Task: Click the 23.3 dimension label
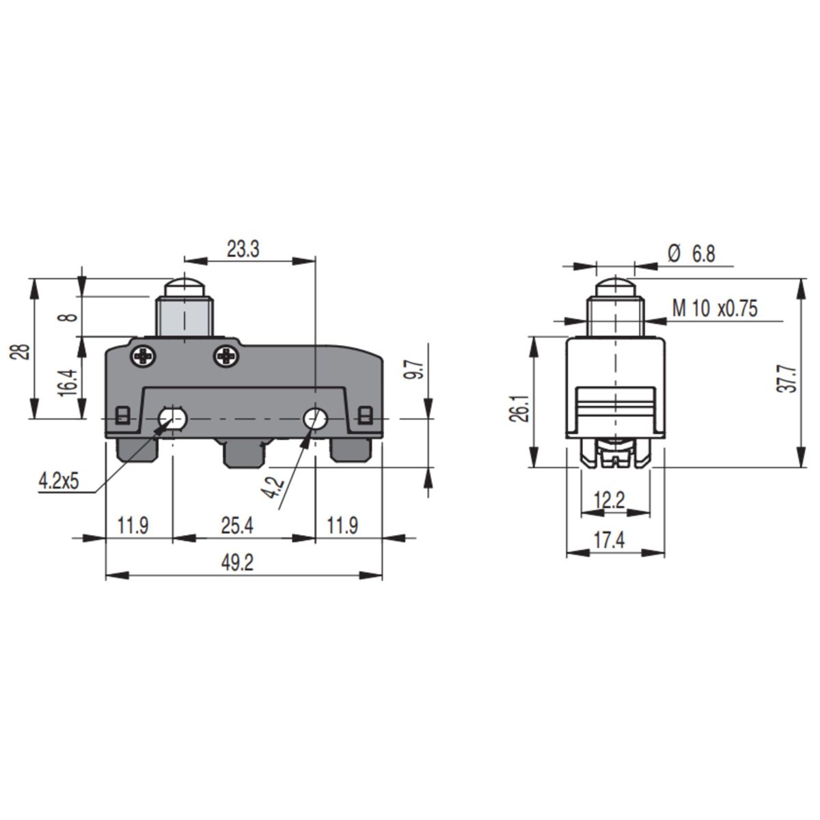pos(243,249)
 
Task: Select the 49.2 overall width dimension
pos(237,563)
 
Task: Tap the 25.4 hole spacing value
pos(237,526)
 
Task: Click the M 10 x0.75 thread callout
pos(715,308)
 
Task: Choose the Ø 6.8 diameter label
pos(692,254)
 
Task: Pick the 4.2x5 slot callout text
pos(59,482)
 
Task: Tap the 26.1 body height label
pos(519,408)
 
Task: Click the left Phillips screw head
pos(143,356)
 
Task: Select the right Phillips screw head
pos(226,356)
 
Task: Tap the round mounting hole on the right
pos(315,419)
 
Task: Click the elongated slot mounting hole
pos(172,419)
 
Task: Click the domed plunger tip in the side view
pos(615,286)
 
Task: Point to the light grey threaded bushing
pos(184,316)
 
